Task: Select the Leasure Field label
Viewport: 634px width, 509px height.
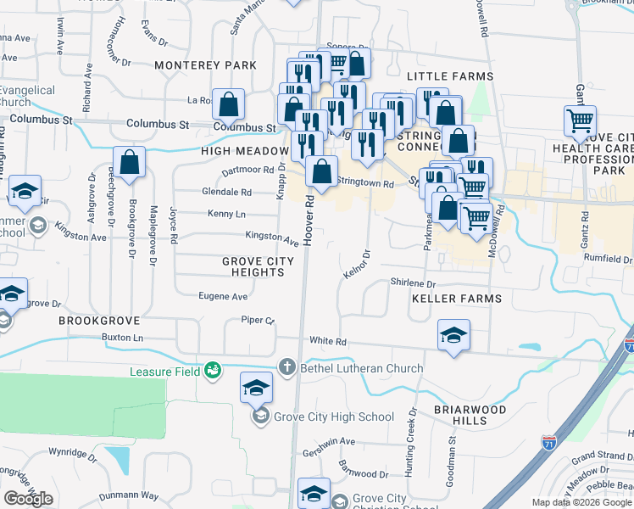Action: (164, 372)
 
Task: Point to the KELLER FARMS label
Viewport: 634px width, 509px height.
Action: (457, 299)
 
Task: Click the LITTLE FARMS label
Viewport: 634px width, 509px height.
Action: (450, 76)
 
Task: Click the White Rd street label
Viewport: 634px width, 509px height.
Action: (328, 341)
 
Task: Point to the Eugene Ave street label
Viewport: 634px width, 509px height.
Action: (222, 296)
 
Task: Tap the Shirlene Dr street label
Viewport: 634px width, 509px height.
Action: (412, 283)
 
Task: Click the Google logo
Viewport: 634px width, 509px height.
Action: (28, 499)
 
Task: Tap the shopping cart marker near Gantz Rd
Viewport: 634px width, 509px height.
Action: (580, 122)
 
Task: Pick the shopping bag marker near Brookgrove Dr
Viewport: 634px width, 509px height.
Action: (129, 163)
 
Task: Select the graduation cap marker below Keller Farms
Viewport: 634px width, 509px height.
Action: (453, 336)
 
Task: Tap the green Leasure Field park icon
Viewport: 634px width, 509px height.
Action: (212, 371)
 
